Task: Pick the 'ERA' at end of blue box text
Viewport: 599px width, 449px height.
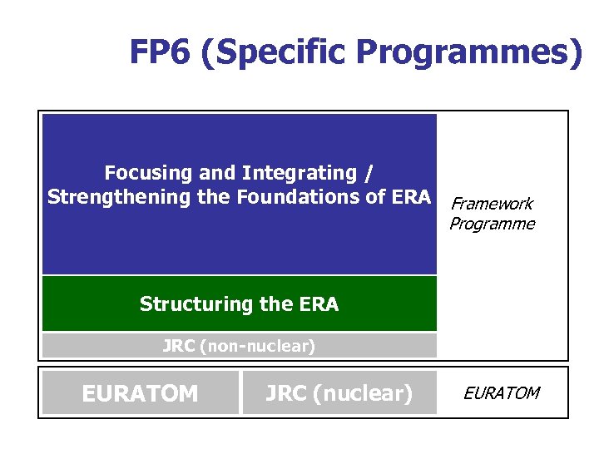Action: click(x=413, y=197)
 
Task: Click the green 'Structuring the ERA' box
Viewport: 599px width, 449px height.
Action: click(x=240, y=303)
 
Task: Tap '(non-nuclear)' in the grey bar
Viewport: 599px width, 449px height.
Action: click(x=258, y=346)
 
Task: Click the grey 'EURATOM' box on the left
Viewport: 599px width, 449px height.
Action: click(x=140, y=392)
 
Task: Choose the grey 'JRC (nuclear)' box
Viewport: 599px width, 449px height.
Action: click(x=339, y=392)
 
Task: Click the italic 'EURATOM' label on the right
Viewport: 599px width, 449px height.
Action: click(x=501, y=392)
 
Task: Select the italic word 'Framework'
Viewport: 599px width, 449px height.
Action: click(x=491, y=204)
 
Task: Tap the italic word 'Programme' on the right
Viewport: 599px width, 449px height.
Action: click(x=492, y=224)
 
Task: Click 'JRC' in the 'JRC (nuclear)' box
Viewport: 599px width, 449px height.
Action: click(x=285, y=392)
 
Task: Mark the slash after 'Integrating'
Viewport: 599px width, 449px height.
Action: click(x=369, y=173)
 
